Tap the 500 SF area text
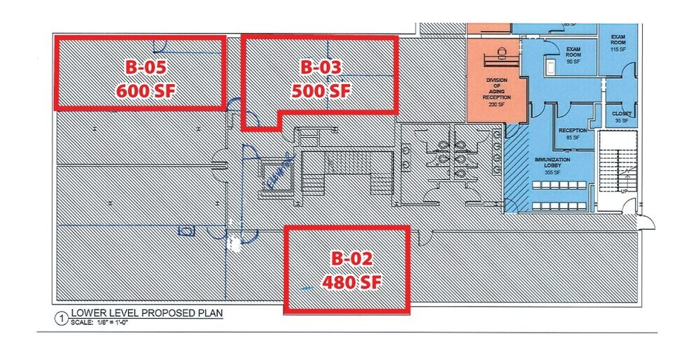pos(321,90)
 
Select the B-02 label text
pos(346,258)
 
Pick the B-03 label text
pos(321,67)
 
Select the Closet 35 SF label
pos(621,116)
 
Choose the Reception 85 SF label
pos(572,134)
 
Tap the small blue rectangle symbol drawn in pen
pos(186,230)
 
